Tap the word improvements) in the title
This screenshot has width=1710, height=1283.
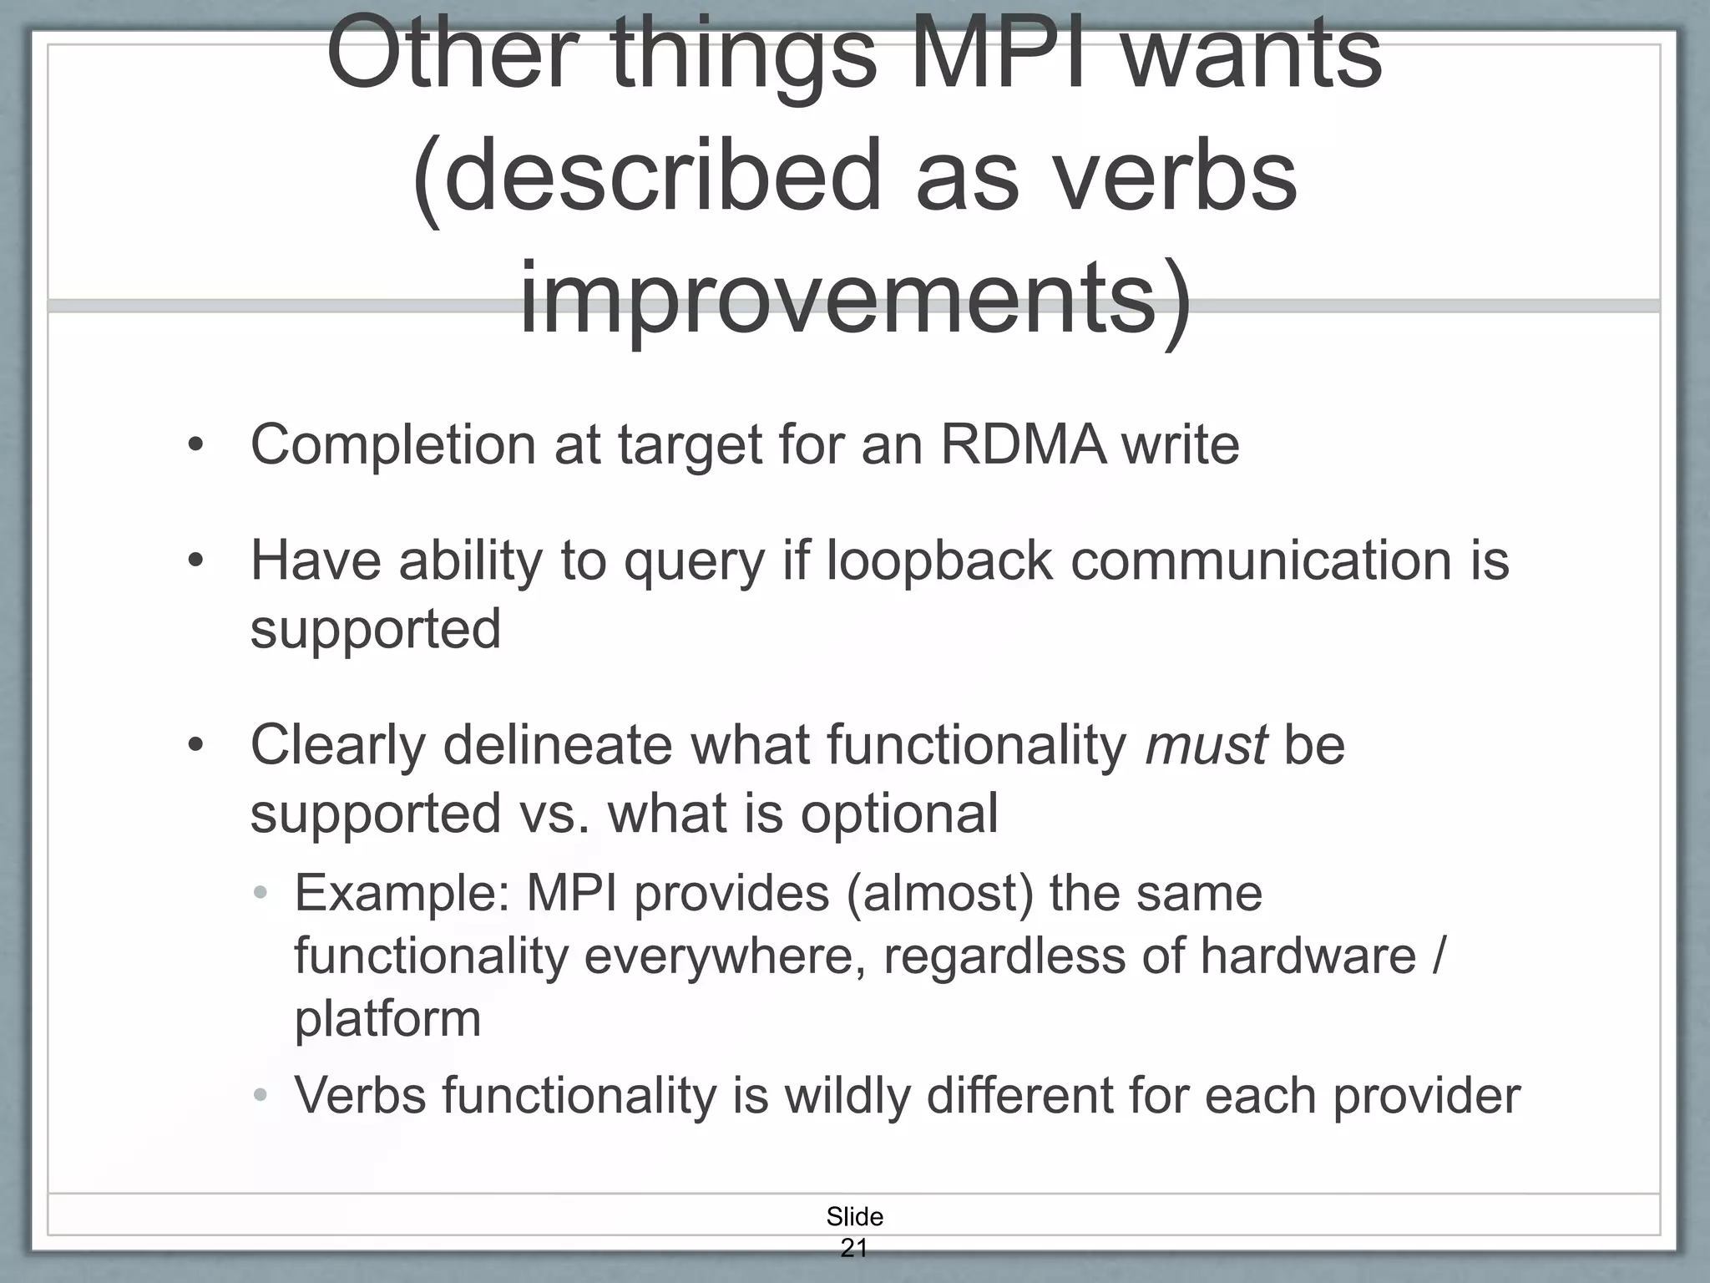click(855, 299)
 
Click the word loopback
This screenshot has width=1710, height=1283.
click(938, 560)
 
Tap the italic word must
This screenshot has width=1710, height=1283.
click(1205, 746)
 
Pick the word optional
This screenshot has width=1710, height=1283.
click(899, 814)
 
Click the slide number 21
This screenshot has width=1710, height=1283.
click(853, 1248)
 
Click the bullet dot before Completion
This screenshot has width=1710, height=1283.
click(195, 446)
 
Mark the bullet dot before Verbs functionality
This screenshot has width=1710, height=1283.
click(261, 1095)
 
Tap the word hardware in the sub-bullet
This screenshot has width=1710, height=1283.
click(1308, 956)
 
